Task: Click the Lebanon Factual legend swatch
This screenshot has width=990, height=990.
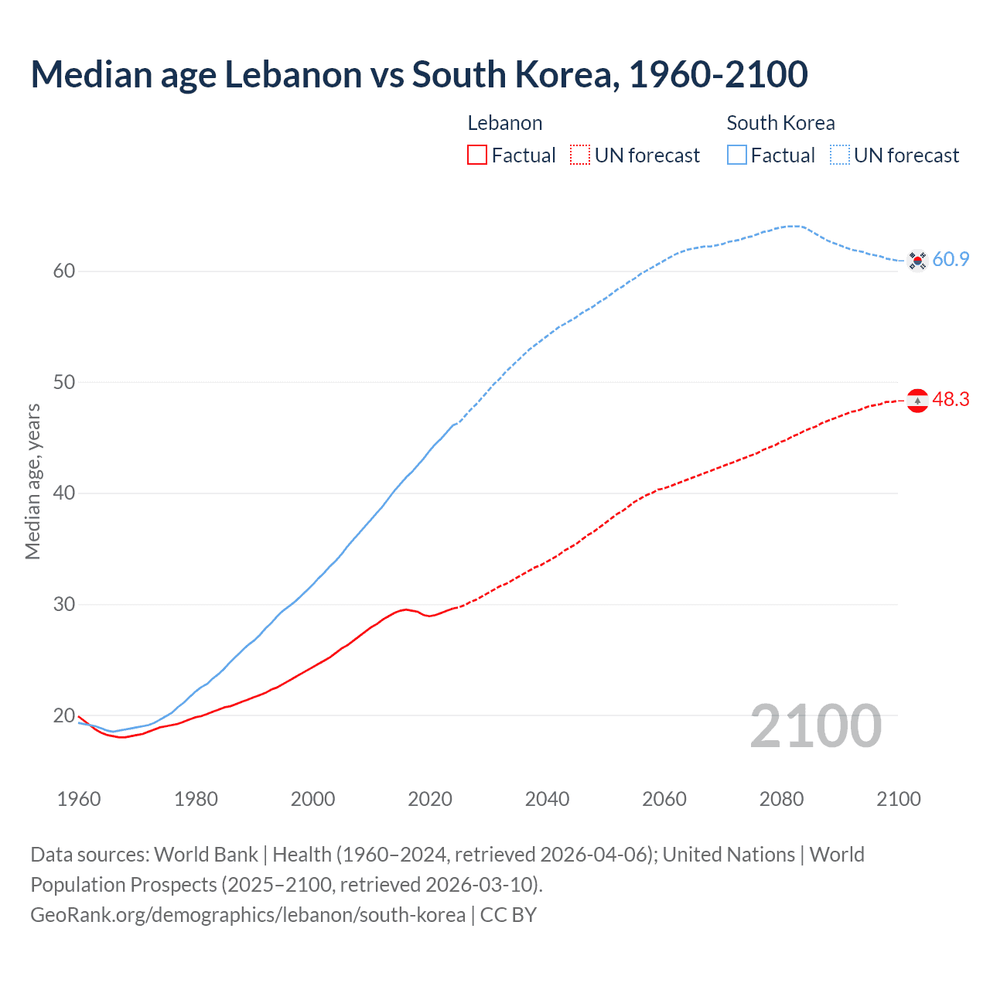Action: [x=477, y=155]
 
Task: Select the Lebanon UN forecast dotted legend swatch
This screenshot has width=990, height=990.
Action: [x=580, y=155]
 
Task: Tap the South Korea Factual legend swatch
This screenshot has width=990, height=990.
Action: [x=736, y=155]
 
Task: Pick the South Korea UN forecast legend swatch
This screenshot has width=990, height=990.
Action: [x=839, y=155]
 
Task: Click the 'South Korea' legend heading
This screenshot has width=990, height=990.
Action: [x=780, y=123]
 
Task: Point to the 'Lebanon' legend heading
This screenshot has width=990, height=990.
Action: [x=504, y=123]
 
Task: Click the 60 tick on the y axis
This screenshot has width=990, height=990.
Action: [x=64, y=271]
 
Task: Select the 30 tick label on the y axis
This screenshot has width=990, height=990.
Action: [x=64, y=604]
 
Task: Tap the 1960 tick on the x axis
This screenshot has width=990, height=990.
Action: [x=79, y=799]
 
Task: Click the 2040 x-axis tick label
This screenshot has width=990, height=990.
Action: [x=547, y=799]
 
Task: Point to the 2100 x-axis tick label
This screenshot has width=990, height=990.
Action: [x=898, y=799]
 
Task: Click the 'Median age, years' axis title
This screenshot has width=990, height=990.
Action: [x=32, y=481]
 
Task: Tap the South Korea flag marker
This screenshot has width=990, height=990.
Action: [x=917, y=261]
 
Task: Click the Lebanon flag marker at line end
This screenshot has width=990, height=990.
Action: [x=917, y=401]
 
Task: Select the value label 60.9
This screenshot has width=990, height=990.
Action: [x=951, y=260]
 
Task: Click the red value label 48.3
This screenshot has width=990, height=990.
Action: [x=951, y=400]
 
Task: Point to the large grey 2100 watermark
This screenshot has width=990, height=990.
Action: [x=815, y=726]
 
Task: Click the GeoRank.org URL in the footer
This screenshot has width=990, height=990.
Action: [x=247, y=915]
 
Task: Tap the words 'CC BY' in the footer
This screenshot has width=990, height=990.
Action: [x=508, y=915]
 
